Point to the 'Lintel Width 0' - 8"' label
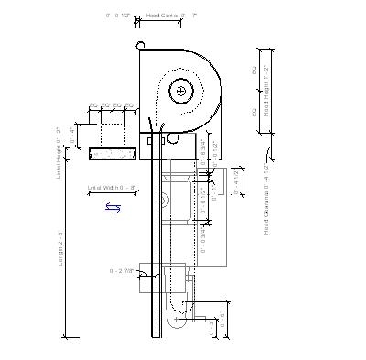(x=112, y=188)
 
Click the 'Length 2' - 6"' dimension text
(x=61, y=247)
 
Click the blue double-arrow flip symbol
(x=113, y=208)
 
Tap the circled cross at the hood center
(x=182, y=91)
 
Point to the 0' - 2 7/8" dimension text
(x=122, y=271)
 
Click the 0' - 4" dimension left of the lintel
(x=74, y=136)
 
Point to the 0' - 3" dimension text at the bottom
(x=212, y=328)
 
